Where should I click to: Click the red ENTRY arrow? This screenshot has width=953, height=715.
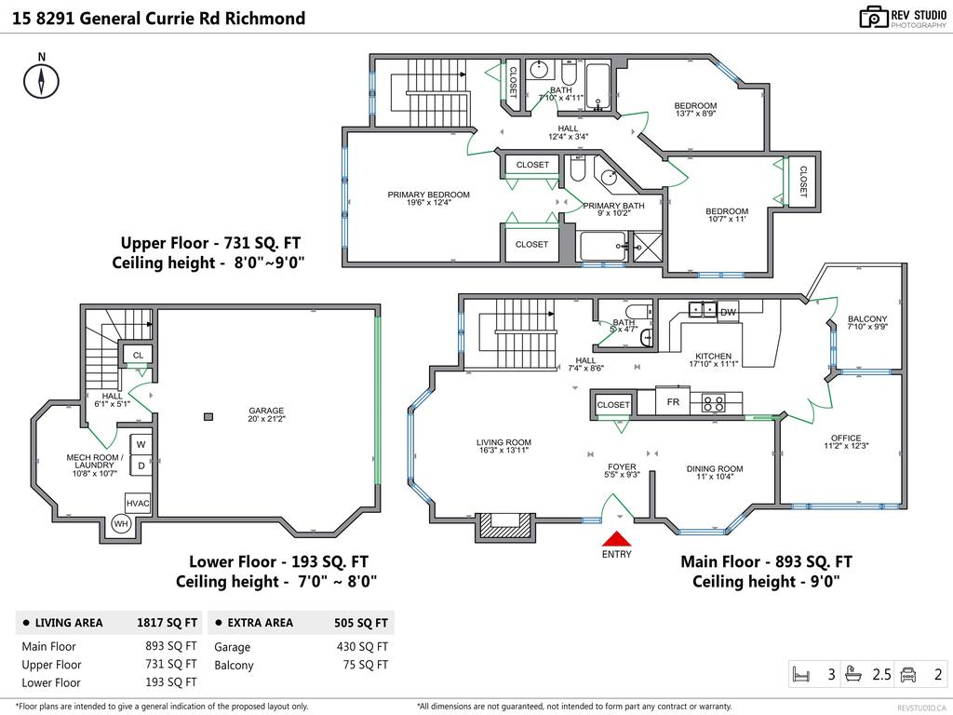pyautogui.click(x=617, y=539)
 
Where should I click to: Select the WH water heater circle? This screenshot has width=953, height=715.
pyautogui.click(x=121, y=523)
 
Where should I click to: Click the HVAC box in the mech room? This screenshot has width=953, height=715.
pyautogui.click(x=138, y=504)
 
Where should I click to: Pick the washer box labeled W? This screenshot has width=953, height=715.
pyautogui.click(x=141, y=444)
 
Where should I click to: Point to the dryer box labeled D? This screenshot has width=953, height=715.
pyautogui.click(x=141, y=465)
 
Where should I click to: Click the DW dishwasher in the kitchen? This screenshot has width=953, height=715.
pyautogui.click(x=728, y=312)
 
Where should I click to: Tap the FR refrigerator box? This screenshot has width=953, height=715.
pyautogui.click(x=673, y=402)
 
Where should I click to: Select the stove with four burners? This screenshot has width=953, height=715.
pyautogui.click(x=714, y=402)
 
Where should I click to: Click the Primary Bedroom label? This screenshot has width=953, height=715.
pyautogui.click(x=428, y=198)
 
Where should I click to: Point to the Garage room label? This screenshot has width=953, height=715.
pyautogui.click(x=266, y=414)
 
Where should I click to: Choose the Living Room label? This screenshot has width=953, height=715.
pyautogui.click(x=503, y=446)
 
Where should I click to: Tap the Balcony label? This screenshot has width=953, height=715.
pyautogui.click(x=867, y=322)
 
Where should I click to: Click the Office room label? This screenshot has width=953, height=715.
pyautogui.click(x=846, y=441)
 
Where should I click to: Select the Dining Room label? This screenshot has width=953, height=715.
pyautogui.click(x=715, y=472)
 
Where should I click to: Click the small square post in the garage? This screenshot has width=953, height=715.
pyautogui.click(x=208, y=416)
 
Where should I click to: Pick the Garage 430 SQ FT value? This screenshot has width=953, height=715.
pyautogui.click(x=362, y=647)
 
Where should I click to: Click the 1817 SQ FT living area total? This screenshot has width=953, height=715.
pyautogui.click(x=167, y=623)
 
